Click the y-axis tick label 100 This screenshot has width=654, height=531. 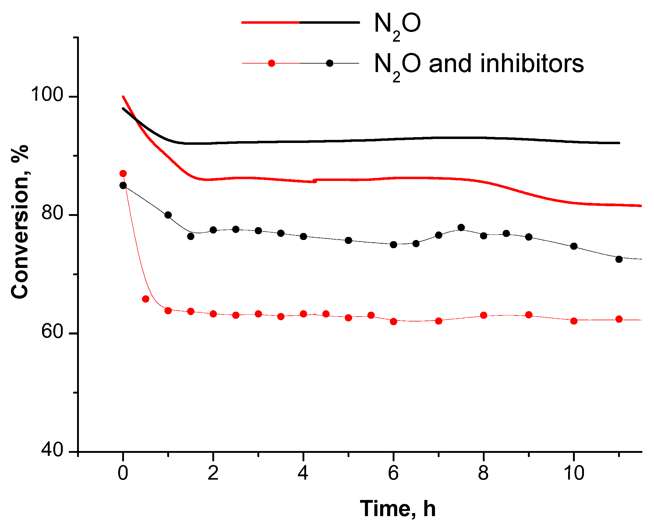click(x=47, y=94)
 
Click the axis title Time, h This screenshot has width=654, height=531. click(x=397, y=509)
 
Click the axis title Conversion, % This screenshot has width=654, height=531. click(x=20, y=222)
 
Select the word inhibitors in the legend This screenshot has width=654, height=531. click(x=532, y=64)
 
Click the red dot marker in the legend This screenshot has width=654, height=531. click(x=271, y=63)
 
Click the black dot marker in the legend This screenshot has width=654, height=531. click(x=330, y=63)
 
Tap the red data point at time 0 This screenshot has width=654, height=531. click(x=123, y=174)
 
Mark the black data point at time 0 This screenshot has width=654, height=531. click(x=123, y=185)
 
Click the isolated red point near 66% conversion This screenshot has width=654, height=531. click(x=146, y=299)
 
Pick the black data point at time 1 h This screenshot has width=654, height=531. click(x=168, y=215)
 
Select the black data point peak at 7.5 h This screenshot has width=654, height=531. click(x=461, y=227)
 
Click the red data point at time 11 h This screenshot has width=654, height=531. click(x=619, y=319)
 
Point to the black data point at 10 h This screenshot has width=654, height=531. click(x=574, y=246)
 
